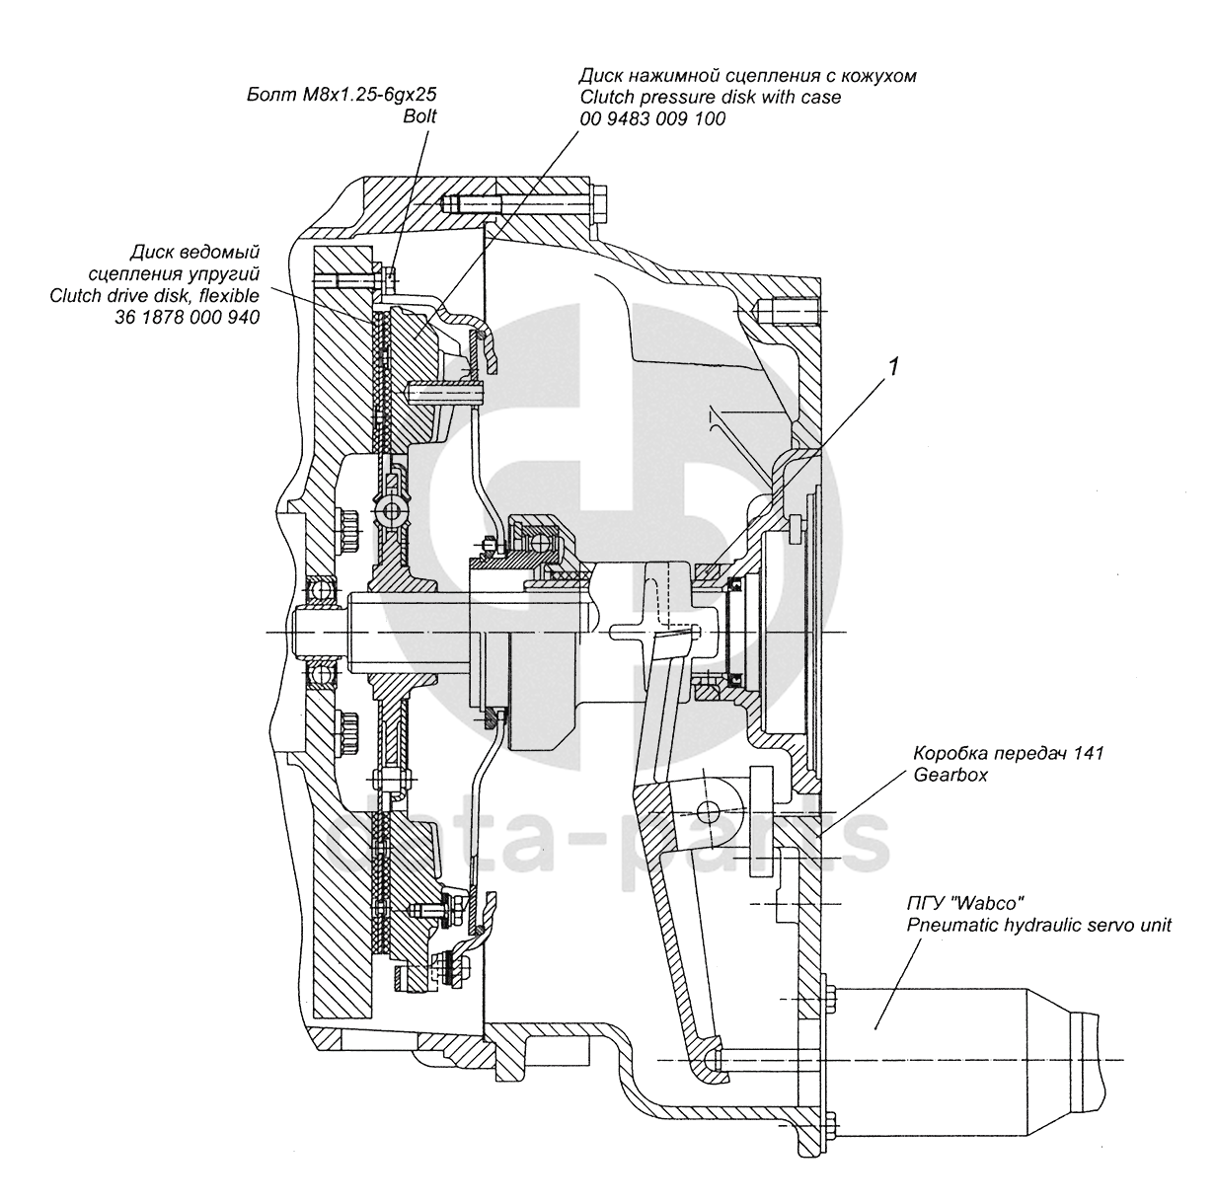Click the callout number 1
tap(892, 366)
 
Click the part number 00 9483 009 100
tap(652, 118)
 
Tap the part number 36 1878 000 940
tap(187, 317)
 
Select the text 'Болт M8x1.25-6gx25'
tap(342, 95)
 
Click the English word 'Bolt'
tap(419, 116)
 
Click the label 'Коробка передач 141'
tap(1009, 753)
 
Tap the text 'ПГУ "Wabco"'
tap(965, 904)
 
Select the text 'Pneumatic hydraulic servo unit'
tap(1038, 926)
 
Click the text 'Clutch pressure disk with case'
tap(710, 97)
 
